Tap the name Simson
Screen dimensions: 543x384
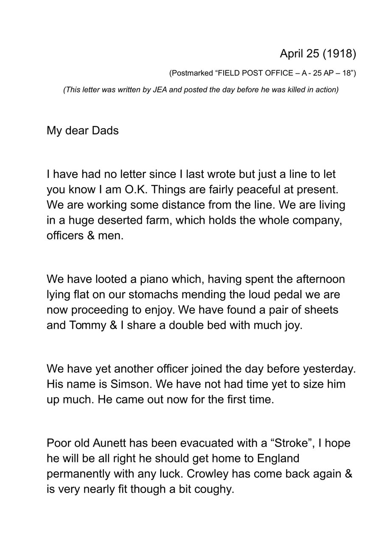pos(129,384)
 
